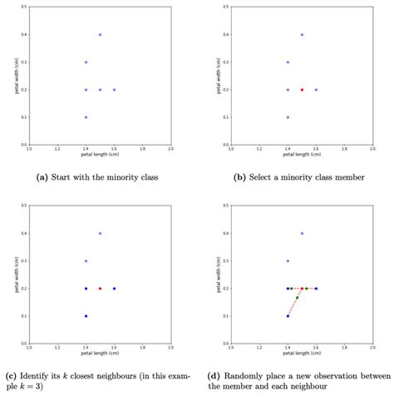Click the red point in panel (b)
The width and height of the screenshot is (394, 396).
click(302, 89)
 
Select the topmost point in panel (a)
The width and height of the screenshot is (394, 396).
click(100, 35)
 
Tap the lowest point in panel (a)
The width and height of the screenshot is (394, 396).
click(86, 117)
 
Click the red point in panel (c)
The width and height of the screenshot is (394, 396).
click(100, 289)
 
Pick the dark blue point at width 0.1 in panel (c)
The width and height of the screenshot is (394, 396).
click(86, 316)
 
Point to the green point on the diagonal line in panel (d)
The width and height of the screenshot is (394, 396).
click(297, 298)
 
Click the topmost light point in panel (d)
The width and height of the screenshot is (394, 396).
click(302, 234)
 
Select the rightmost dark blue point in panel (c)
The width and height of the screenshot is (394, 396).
click(114, 289)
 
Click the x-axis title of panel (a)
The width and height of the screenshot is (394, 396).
click(99, 155)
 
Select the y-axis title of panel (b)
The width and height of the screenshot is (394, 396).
click(213, 76)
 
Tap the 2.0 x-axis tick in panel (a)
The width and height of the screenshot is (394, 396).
click(170, 150)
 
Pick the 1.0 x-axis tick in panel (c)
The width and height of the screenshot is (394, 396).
click(29, 349)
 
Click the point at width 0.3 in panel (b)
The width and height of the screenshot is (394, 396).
click(288, 62)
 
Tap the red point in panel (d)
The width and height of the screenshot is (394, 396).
click(302, 289)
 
